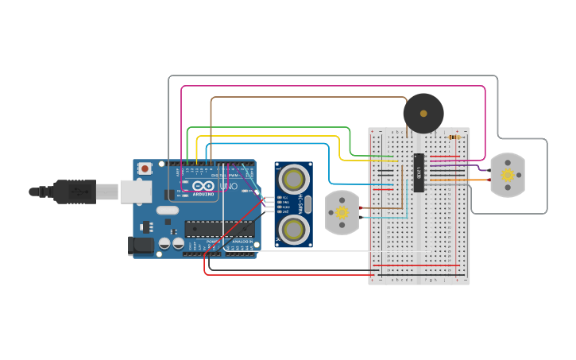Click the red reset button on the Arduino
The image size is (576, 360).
pyautogui.click(x=145, y=168)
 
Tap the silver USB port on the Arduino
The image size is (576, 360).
pyautogui.click(x=135, y=191)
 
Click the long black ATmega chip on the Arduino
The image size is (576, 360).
pyautogui.click(x=219, y=229)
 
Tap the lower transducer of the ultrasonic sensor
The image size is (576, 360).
pyautogui.click(x=294, y=229)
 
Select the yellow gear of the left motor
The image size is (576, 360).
pyautogui.click(x=342, y=213)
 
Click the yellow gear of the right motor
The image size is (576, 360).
pyautogui.click(x=507, y=175)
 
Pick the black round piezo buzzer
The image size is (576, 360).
pyautogui.click(x=423, y=114)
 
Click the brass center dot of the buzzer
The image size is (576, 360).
pyautogui.click(x=423, y=114)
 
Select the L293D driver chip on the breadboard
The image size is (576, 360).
pyautogui.click(x=418, y=172)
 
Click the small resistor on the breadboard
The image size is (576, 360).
pyautogui.click(x=454, y=137)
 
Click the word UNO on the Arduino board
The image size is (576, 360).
pyautogui.click(x=228, y=187)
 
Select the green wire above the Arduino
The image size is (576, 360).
pyautogui.click(x=270, y=127)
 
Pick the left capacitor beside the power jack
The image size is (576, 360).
pyautogui.click(x=164, y=243)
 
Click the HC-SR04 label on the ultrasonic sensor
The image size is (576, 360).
pyautogui.click(x=302, y=203)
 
